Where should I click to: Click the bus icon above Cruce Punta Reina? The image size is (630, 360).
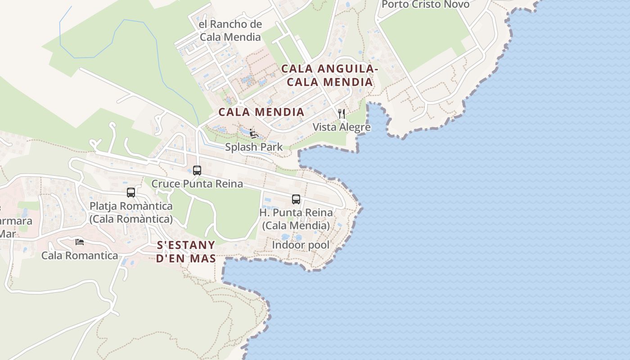(x=197, y=171)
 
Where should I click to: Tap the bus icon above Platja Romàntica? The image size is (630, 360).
(x=131, y=193)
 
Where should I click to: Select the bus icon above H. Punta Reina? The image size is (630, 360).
(x=296, y=199)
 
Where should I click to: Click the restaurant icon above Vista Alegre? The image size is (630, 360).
(x=342, y=114)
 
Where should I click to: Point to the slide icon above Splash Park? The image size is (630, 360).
(x=253, y=133)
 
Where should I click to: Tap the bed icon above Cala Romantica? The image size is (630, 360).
(x=80, y=242)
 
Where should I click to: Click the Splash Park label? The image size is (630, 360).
(x=254, y=147)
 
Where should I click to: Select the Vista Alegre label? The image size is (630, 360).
(x=342, y=127)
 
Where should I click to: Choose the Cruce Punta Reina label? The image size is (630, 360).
(x=197, y=184)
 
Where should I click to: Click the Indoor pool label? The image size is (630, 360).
(x=301, y=245)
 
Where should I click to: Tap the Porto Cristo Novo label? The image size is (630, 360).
(x=425, y=4)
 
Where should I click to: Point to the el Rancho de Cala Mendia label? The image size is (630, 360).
(x=230, y=31)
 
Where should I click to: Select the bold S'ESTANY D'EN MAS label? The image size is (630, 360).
(x=186, y=252)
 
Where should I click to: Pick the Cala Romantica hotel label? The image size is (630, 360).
(x=80, y=256)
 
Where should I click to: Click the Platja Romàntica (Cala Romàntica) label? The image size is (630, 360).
(x=131, y=212)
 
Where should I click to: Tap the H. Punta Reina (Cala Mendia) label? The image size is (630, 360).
(x=296, y=219)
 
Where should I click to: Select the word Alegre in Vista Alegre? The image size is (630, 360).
(x=355, y=127)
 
